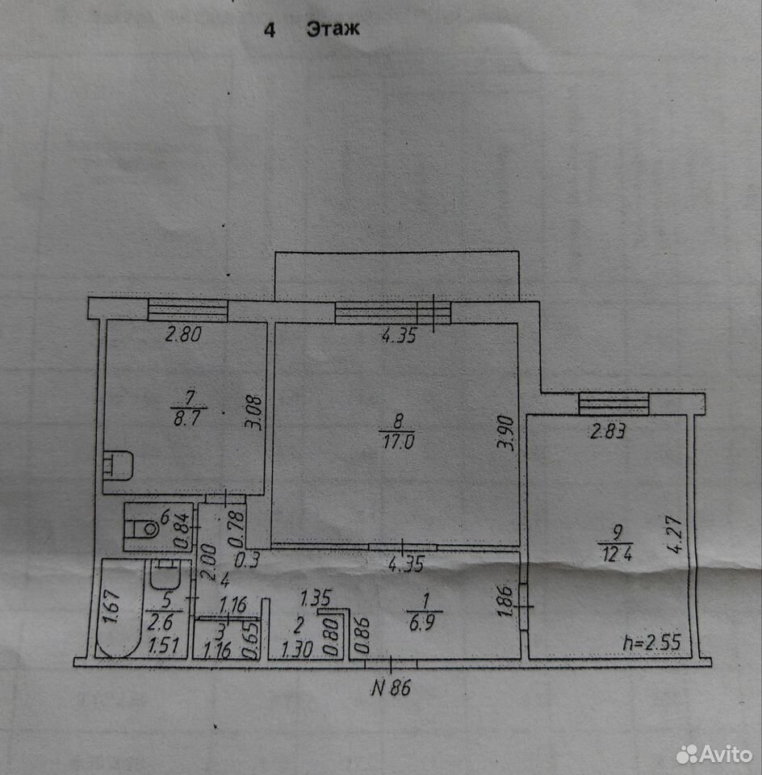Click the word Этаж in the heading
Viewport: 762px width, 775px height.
tap(333, 29)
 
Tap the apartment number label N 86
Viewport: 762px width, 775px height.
tap(391, 688)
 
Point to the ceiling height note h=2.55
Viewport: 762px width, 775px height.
tap(651, 643)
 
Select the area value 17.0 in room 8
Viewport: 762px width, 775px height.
tap(398, 441)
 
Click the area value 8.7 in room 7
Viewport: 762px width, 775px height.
tap(187, 419)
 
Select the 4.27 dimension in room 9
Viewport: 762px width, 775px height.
tap(675, 534)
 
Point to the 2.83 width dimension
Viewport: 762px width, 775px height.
tap(609, 431)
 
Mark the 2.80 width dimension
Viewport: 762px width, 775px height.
tap(183, 334)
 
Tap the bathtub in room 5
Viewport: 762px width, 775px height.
tap(119, 609)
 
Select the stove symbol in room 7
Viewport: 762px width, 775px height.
tap(118, 466)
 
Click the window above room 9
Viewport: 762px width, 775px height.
tap(613, 404)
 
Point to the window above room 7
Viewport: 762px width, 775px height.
tap(188, 309)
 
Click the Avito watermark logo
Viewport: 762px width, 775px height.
tap(714, 755)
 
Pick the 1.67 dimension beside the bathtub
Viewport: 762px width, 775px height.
tap(113, 606)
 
